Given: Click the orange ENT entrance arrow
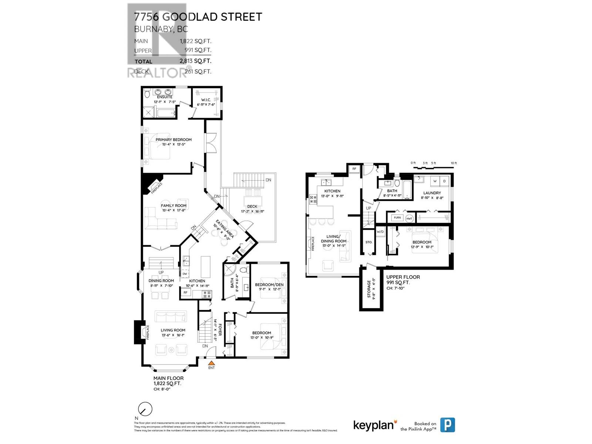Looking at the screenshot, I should pos(211,363).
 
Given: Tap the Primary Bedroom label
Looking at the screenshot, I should pos(174,139).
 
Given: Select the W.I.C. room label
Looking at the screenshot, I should pos(206,100).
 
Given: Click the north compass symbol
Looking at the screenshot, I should pos(145,409).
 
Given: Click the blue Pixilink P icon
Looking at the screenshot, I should pos(447,425).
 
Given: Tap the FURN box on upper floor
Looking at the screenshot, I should pos(397,218).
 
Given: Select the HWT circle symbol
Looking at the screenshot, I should pos(409,218).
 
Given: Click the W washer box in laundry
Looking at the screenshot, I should pos(435,181).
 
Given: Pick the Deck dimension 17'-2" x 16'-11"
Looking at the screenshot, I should pos(252,212).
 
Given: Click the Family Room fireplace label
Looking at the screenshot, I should pos(157,188).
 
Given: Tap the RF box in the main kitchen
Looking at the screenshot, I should pos(185,293).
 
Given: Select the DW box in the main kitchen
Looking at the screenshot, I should pos(185,274).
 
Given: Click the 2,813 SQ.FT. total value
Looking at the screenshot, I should pos(195,61).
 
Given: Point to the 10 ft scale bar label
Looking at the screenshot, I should pos(454,163).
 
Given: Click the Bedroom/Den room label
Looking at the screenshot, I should pos(269,285).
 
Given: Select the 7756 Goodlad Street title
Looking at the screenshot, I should pos(198,17).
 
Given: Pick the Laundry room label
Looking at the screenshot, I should pos(432,193).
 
